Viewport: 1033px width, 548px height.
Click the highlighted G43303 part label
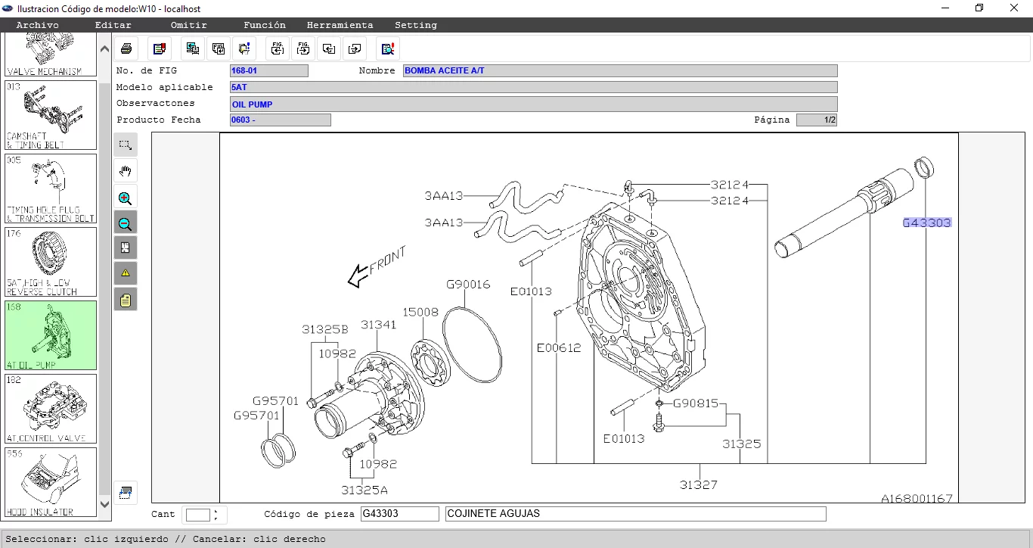[926, 223]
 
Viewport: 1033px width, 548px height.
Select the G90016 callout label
[467, 285]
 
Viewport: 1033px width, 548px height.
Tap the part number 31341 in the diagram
[378, 325]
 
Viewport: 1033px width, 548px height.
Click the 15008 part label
[420, 312]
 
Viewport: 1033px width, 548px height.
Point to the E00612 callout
[558, 348]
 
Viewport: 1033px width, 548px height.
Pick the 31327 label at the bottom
[697, 484]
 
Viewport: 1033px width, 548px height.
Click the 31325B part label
[325, 329]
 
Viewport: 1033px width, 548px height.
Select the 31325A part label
[364, 490]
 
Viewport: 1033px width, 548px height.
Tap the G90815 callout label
[695, 403]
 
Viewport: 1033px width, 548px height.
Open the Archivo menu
[37, 25]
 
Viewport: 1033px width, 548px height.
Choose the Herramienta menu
[340, 25]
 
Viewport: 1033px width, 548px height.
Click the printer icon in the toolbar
[126, 48]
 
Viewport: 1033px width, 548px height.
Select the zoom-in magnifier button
[126, 198]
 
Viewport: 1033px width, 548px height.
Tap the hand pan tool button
[126, 171]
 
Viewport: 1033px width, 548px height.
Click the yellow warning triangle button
[126, 272]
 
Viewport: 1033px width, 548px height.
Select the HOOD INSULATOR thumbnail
[51, 482]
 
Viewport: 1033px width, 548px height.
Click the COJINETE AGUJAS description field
[635, 514]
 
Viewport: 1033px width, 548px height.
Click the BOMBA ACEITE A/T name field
[619, 70]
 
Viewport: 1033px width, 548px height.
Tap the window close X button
[1014, 8]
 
